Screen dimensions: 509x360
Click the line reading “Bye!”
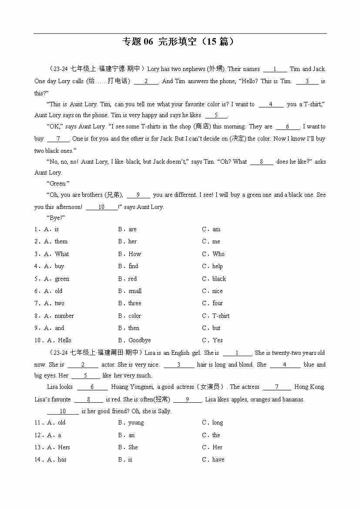click(56, 218)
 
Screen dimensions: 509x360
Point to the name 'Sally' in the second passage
click(163, 411)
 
